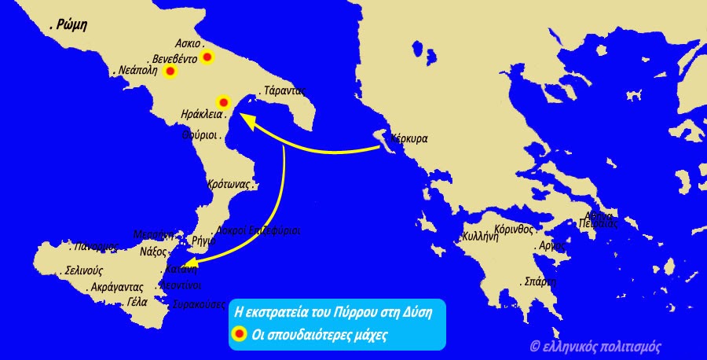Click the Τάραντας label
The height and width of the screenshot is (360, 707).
pyautogui.click(x=284, y=90)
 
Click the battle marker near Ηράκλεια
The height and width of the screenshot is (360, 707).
pyautogui.click(x=222, y=102)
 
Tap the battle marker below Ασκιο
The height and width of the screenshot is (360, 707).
pyautogui.click(x=207, y=57)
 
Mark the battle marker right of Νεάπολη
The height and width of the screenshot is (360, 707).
pyautogui.click(x=170, y=72)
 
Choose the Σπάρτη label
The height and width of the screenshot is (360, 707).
pyautogui.click(x=540, y=281)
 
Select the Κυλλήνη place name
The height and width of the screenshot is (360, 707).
pyautogui.click(x=480, y=237)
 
